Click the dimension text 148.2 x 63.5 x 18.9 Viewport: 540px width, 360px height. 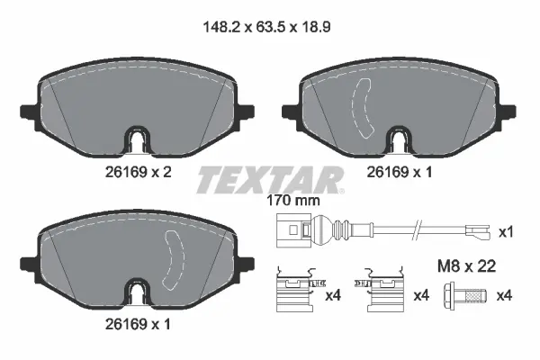pyautogui.click(x=270, y=26)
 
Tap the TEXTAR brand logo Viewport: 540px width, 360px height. pyautogui.click(x=269, y=181)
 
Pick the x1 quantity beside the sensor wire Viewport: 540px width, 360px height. pyautogui.click(x=506, y=232)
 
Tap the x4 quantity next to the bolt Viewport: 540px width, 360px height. pyautogui.click(x=506, y=294)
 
